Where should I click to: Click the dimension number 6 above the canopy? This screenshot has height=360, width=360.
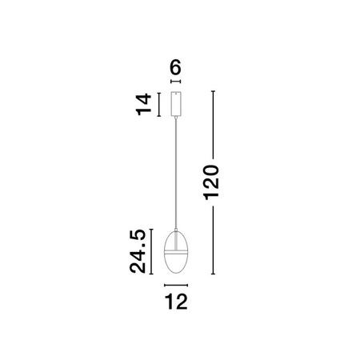tap(176, 67)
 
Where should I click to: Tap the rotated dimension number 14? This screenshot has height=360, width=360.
tap(144, 104)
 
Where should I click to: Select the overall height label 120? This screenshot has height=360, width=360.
tap(211, 182)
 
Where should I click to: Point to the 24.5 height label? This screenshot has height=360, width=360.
tap(138, 251)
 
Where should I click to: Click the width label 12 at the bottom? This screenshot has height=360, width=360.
tap(176, 302)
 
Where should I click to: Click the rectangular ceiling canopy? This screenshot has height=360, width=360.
tap(176, 104)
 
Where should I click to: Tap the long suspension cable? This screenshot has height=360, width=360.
tap(176, 174)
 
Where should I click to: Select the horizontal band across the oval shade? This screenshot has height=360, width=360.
tap(176, 252)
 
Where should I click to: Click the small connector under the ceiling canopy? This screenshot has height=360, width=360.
tap(176, 118)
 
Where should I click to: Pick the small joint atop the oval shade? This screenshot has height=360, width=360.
tap(176, 230)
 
